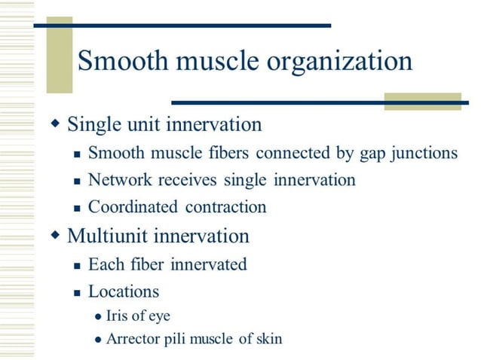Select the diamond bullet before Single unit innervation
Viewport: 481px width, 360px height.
click(54, 122)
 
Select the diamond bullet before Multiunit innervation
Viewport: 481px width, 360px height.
click(54, 235)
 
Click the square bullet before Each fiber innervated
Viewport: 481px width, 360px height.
click(76, 266)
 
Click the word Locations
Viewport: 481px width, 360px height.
click(123, 291)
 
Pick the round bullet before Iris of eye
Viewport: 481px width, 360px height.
click(97, 317)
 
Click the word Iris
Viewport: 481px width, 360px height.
click(118, 316)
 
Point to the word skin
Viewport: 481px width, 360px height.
click(269, 338)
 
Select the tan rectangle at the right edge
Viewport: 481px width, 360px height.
click(421, 101)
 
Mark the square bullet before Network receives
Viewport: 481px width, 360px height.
click(76, 182)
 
